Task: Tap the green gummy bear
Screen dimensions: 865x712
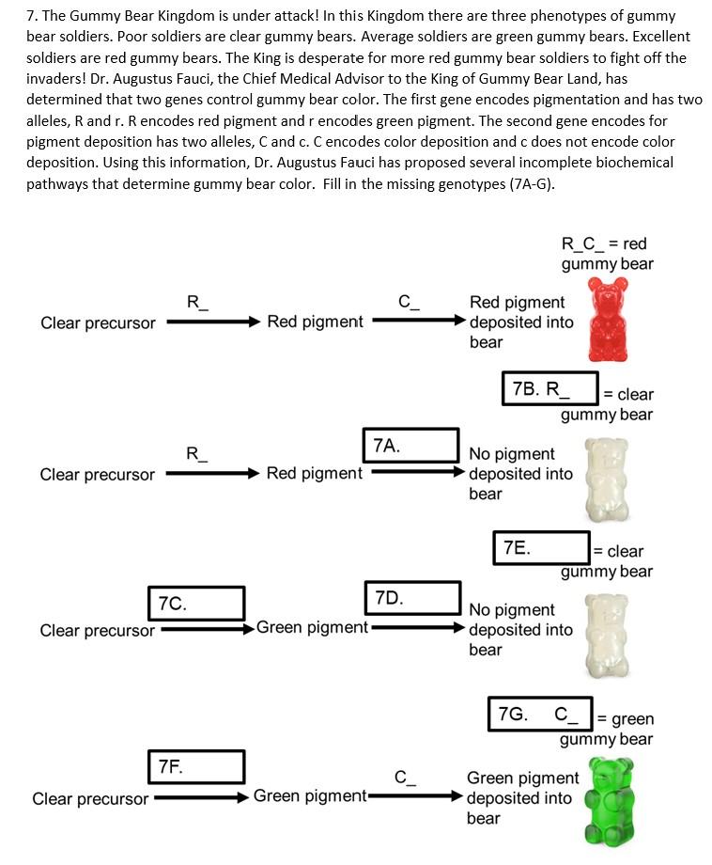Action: pyautogui.click(x=609, y=801)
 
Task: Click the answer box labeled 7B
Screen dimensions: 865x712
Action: pyautogui.click(x=550, y=388)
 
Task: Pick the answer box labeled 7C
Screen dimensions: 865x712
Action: pyautogui.click(x=196, y=604)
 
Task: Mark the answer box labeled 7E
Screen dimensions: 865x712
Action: pyautogui.click(x=541, y=547)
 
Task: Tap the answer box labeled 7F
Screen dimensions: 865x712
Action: pyautogui.click(x=196, y=767)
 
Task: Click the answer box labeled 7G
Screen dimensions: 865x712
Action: pyautogui.click(x=540, y=714)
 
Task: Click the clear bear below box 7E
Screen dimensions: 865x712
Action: pyautogui.click(x=606, y=632)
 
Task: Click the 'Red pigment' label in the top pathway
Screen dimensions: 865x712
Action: pyautogui.click(x=315, y=322)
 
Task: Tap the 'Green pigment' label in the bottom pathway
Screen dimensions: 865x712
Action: pyautogui.click(x=309, y=796)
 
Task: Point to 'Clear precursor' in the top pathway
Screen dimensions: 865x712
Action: pyautogui.click(x=98, y=322)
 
